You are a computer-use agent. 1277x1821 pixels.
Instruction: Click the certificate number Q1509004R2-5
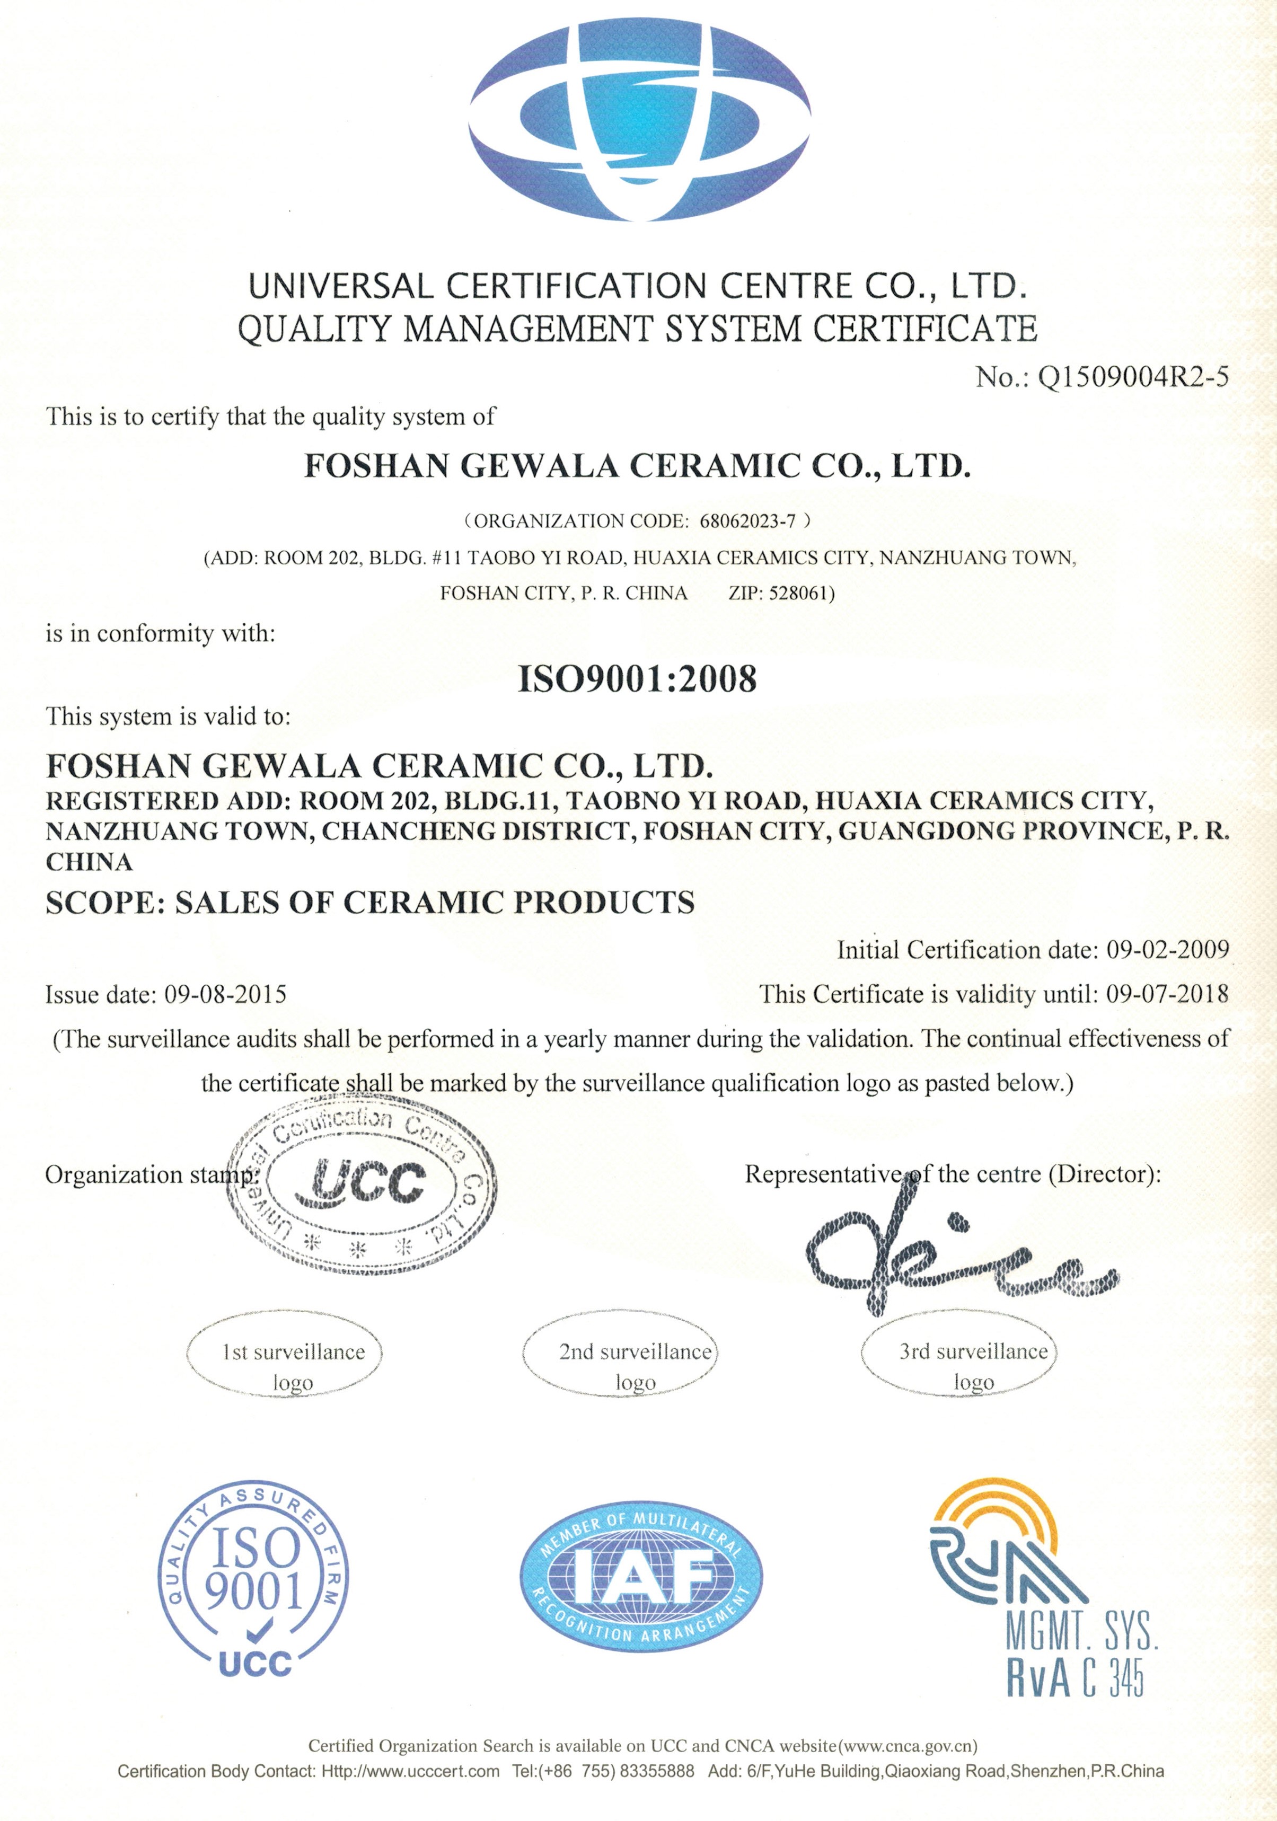pos(1133,377)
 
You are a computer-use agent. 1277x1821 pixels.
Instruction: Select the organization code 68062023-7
pos(747,521)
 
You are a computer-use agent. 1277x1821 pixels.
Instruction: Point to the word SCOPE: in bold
pos(105,903)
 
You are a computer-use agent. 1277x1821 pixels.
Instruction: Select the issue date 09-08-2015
pos(225,994)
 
